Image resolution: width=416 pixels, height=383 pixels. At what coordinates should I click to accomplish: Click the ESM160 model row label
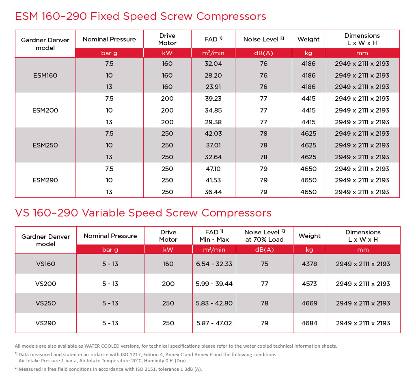[x=45, y=75]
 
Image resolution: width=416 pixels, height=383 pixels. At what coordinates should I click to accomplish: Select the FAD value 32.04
[x=213, y=64]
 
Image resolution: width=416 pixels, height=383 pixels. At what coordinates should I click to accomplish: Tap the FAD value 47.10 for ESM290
[x=213, y=169]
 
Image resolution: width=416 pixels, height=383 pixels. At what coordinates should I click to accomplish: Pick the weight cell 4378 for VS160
[x=309, y=264]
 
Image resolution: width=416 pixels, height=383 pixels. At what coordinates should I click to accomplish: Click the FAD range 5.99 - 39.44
[x=214, y=283]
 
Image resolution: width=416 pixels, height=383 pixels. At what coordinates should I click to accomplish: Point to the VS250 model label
[x=45, y=303]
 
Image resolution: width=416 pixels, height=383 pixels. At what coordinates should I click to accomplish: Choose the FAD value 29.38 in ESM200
[x=213, y=122]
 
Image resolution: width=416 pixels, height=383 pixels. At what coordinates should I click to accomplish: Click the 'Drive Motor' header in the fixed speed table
[x=167, y=39]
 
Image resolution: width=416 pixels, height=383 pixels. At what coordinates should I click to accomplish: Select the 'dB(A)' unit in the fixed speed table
[x=263, y=53]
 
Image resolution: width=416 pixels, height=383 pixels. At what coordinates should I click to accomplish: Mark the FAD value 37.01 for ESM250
[x=213, y=145]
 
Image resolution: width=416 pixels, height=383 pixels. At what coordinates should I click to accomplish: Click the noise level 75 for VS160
[x=265, y=264]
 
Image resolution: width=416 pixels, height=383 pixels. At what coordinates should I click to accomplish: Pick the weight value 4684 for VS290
[x=309, y=323]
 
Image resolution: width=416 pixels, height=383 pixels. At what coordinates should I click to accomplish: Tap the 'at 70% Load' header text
[x=265, y=240]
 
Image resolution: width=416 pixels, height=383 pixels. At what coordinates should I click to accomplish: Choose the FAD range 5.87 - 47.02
[x=214, y=323]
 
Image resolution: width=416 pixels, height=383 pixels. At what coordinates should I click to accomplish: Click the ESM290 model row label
[x=45, y=180]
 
